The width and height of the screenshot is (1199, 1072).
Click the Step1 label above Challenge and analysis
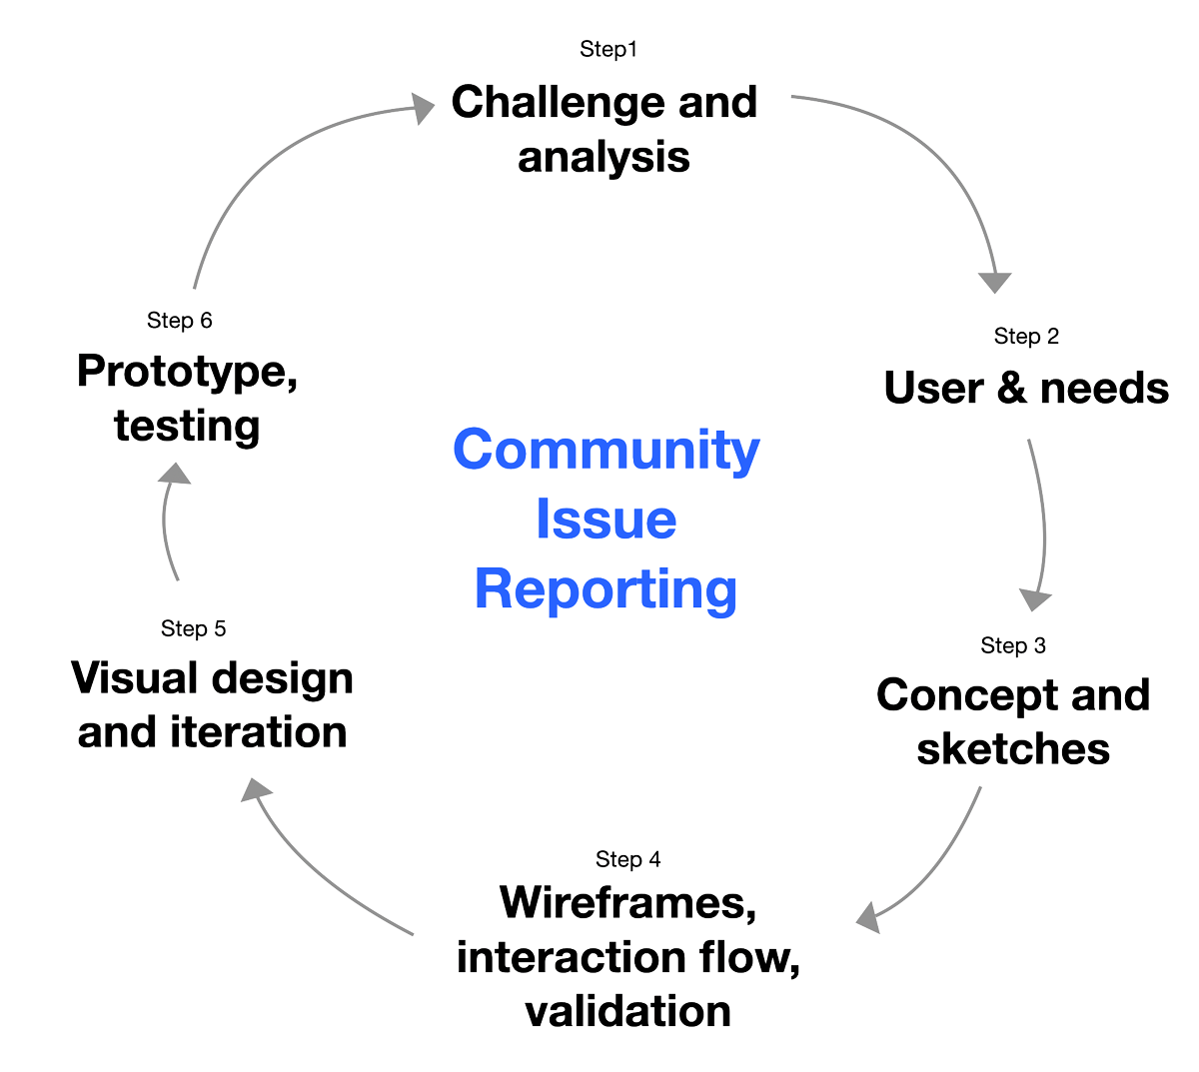click(x=607, y=49)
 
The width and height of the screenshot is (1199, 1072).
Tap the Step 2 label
click(x=1026, y=337)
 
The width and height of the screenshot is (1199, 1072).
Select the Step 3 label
click(x=1013, y=645)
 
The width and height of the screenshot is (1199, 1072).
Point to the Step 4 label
click(x=627, y=859)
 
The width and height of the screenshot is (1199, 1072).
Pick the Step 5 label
click(x=193, y=628)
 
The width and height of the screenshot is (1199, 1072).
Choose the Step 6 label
click(x=179, y=320)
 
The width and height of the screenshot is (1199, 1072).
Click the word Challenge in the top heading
click(x=558, y=102)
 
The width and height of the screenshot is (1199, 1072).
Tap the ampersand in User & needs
click(x=1011, y=389)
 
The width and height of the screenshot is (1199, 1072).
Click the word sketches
click(x=1013, y=748)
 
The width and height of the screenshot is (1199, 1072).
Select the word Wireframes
click(x=627, y=903)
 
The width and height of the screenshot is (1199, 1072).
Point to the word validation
click(x=627, y=1011)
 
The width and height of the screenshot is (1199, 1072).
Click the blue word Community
click(x=606, y=450)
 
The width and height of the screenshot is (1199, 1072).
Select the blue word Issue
click(x=606, y=520)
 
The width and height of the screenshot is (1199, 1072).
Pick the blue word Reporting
click(x=606, y=589)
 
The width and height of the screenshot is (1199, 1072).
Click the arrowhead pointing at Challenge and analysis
click(x=424, y=107)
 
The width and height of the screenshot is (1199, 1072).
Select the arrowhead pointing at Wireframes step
click(x=868, y=916)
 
